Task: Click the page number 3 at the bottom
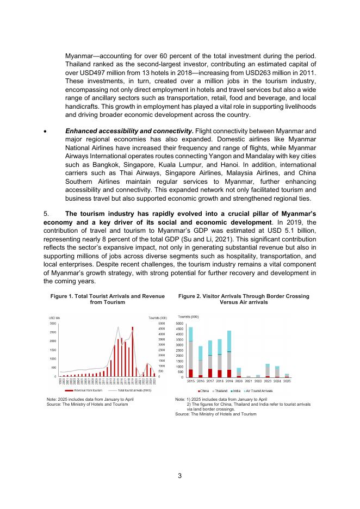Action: click(x=179, y=476)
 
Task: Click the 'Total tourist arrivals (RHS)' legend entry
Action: click(x=127, y=390)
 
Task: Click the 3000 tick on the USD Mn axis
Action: click(x=52, y=323)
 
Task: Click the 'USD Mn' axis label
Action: click(x=54, y=317)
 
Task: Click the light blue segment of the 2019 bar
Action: click(x=229, y=341)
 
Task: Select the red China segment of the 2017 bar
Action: click(x=210, y=373)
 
